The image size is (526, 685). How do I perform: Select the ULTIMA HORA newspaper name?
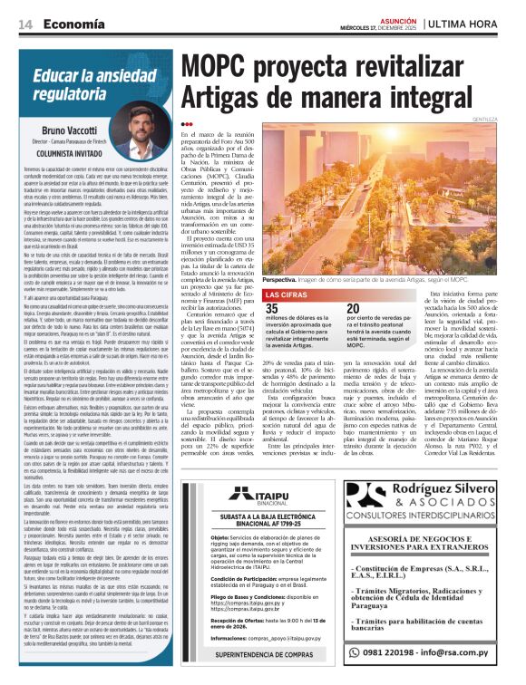[471, 23]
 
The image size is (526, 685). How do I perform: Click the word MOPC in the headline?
[225, 68]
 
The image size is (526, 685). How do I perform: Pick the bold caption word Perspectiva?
[283, 281]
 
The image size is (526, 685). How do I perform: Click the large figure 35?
[271, 309]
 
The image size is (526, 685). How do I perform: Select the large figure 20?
[355, 309]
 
